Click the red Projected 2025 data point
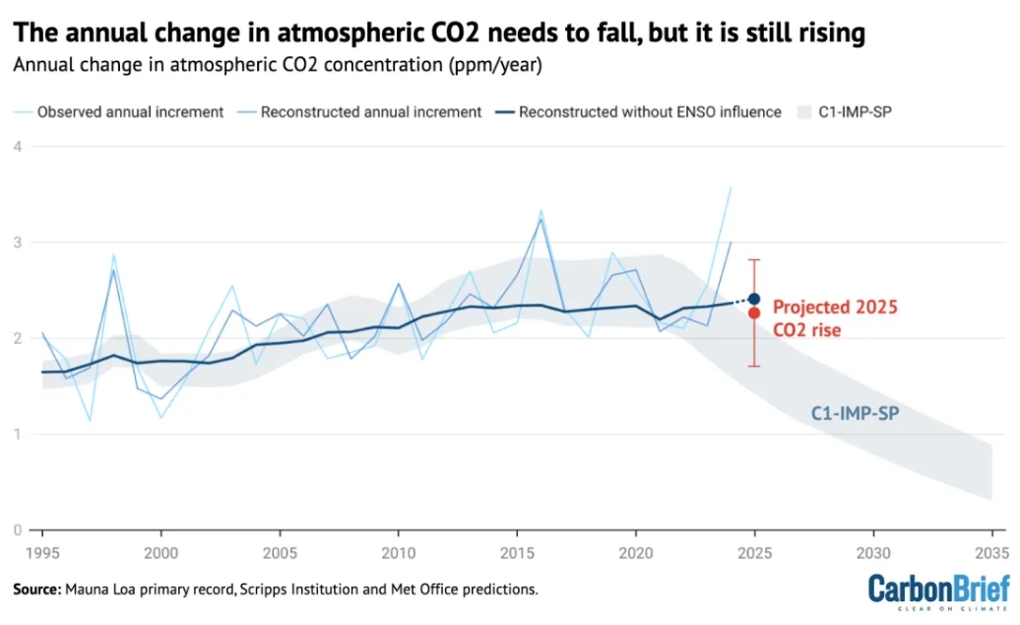pos(753,312)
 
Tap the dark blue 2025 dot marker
pos(753,299)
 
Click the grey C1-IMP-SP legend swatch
pos(801,111)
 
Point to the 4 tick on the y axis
pos(17,147)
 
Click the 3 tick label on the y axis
pos(17,243)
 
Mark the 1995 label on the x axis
pos(42,551)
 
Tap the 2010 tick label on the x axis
pos(398,551)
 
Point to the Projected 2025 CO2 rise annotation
pos(835,318)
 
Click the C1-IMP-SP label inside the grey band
pos(858,414)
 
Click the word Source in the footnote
pos(36,589)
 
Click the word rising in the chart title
pos(824,34)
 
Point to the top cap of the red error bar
pos(753,259)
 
